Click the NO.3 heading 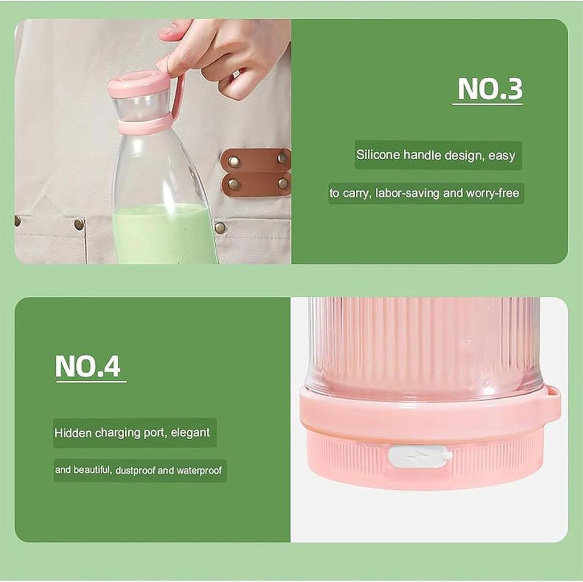pos(490,89)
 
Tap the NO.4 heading pos(88,366)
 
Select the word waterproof pos(199,470)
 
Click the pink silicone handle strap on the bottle pos(178,97)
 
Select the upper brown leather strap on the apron pos(256,160)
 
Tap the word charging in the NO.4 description pos(118,433)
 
